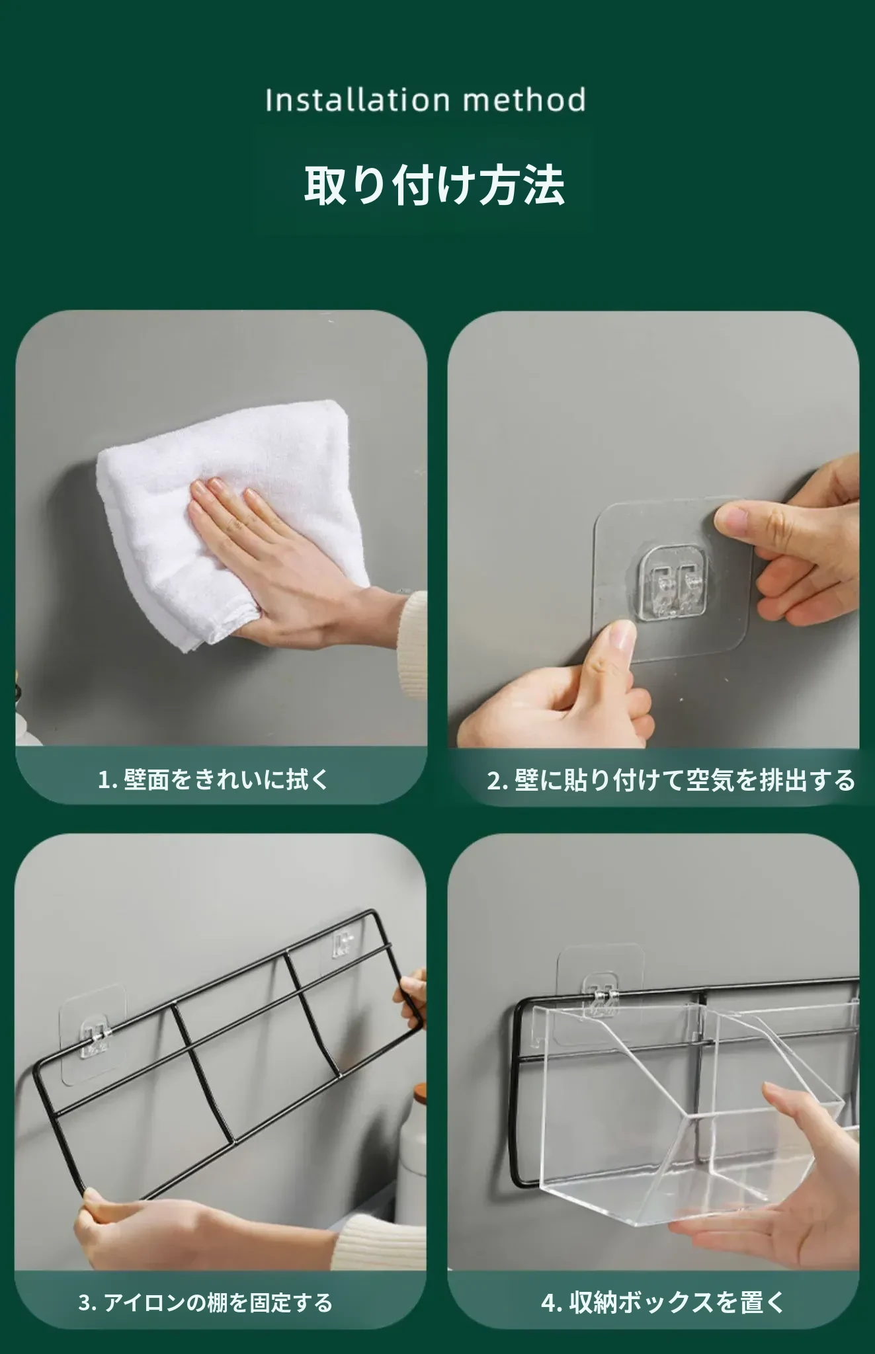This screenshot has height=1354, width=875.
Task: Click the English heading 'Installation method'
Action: [425, 100]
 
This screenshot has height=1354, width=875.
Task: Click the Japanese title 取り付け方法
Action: [434, 184]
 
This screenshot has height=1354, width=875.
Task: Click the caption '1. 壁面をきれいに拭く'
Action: [213, 780]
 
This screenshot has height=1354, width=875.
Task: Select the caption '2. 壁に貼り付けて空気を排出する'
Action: [671, 781]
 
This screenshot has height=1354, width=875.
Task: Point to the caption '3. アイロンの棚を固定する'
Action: [205, 1302]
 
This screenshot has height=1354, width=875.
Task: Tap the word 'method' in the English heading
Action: [524, 100]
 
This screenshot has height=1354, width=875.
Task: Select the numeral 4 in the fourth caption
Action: [549, 1303]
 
